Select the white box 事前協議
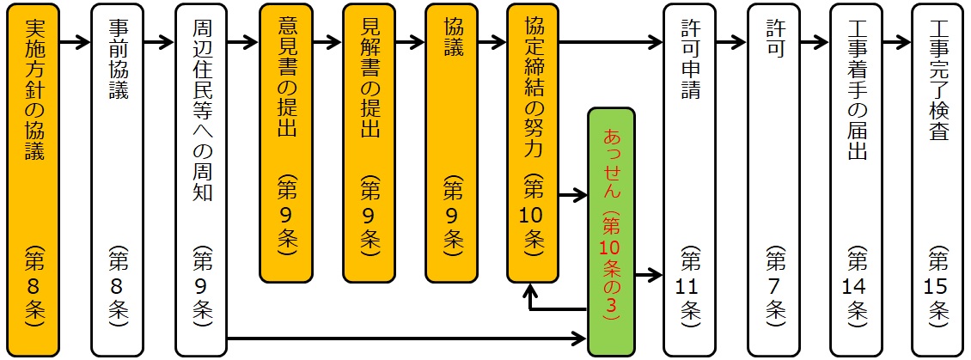[x=117, y=179]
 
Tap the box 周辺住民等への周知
[x=200, y=179]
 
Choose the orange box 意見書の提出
[x=286, y=143]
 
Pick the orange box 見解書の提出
[x=369, y=143]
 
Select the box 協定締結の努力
[x=533, y=143]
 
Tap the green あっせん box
[x=612, y=232]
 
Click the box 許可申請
[x=689, y=179]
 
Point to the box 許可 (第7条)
[x=773, y=179]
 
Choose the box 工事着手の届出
[x=856, y=179]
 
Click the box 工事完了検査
[x=937, y=179]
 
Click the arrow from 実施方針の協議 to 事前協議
[x=76, y=40]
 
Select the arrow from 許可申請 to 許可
[x=731, y=40]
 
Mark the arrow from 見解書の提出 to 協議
[x=411, y=40]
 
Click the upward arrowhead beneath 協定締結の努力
[x=533, y=290]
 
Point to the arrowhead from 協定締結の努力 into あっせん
[x=581, y=197]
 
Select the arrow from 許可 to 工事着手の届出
[x=815, y=40]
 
